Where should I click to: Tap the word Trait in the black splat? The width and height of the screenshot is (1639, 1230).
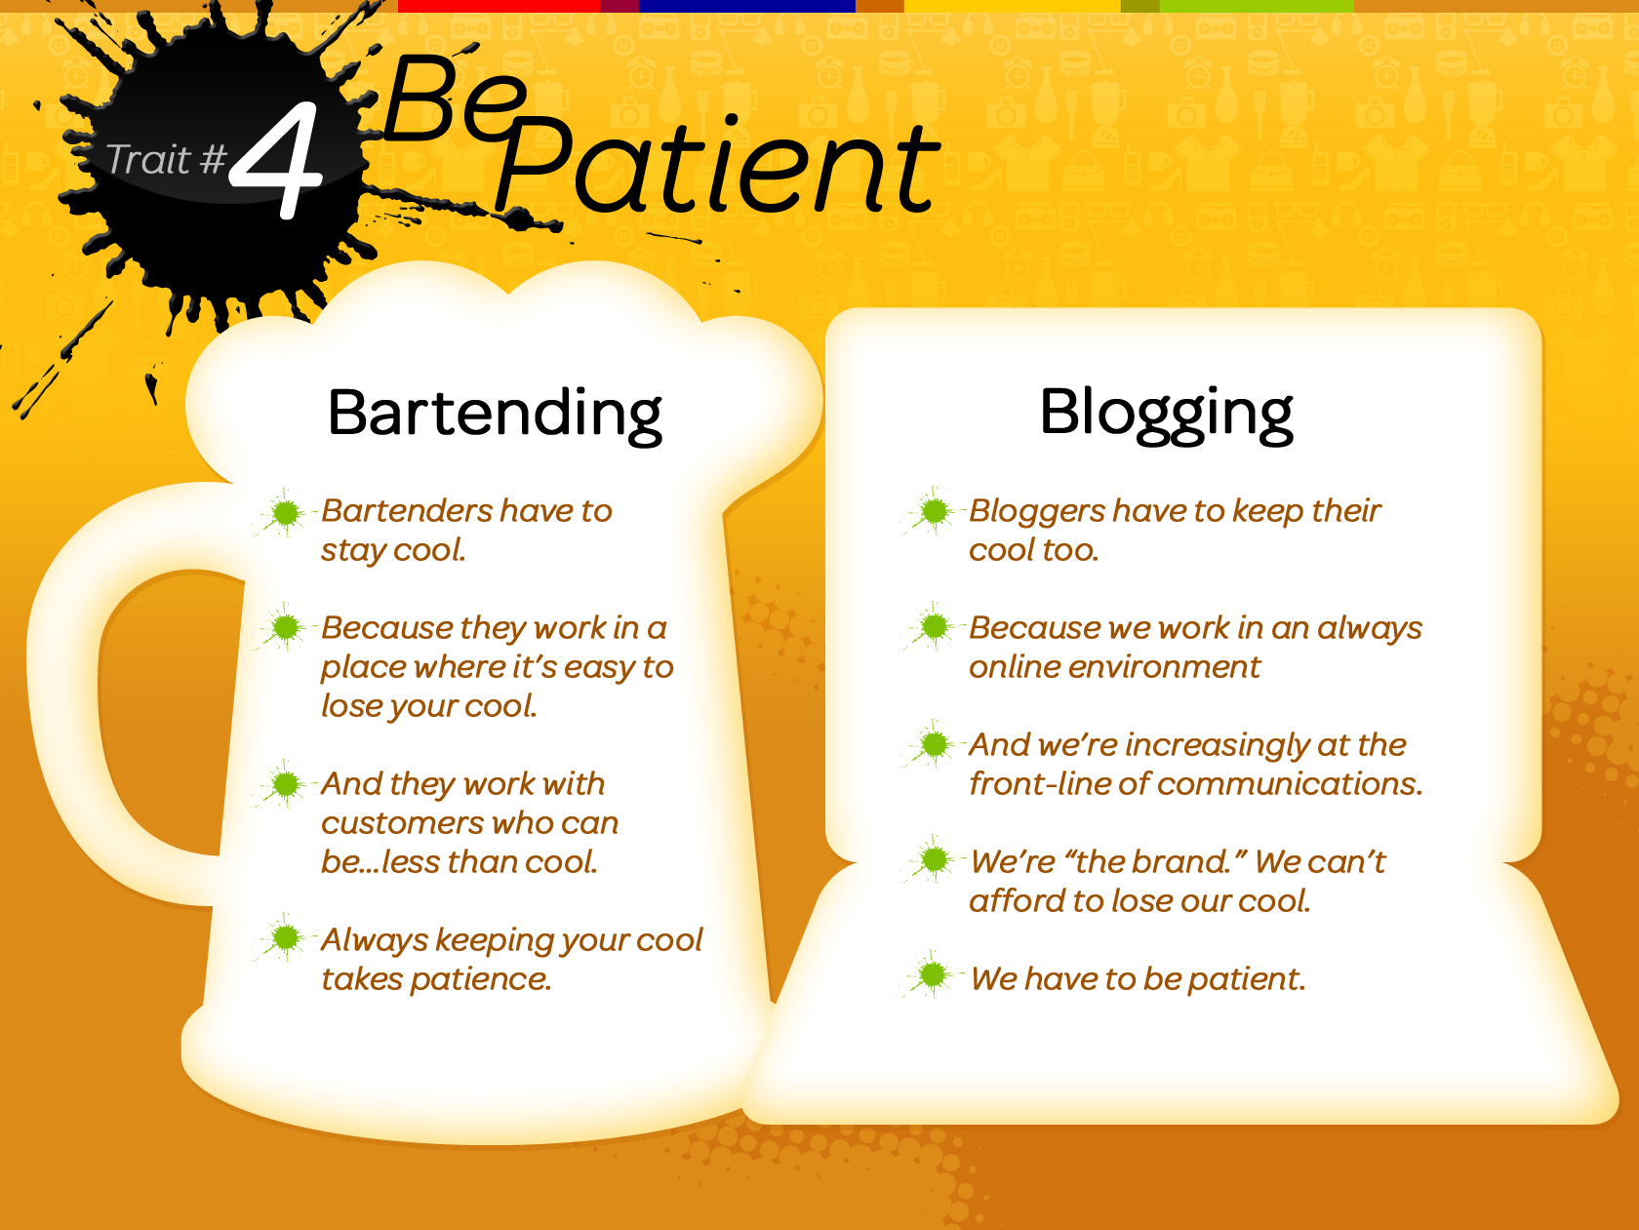point(148,160)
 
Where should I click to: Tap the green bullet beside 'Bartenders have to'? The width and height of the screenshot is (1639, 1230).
point(286,513)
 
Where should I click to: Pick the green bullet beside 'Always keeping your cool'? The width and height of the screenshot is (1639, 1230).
point(286,938)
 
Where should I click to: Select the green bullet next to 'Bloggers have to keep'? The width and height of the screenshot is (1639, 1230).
point(934,510)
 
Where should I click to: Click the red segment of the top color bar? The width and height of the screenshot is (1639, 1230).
point(498,6)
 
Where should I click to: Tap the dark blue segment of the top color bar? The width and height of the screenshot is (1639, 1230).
point(746,6)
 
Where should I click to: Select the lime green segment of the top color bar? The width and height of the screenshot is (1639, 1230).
point(1256,6)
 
